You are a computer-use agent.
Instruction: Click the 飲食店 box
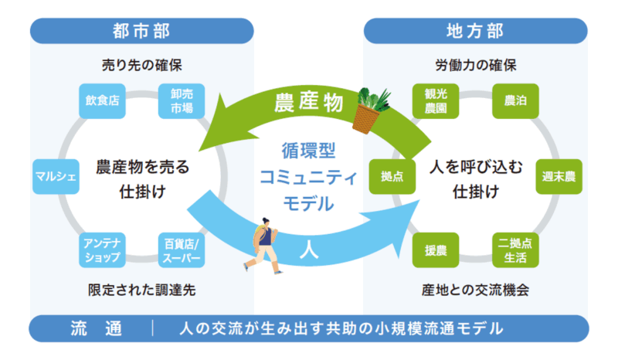click(102, 101)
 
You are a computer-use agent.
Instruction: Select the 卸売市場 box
click(182, 101)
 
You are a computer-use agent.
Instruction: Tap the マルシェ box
click(56, 176)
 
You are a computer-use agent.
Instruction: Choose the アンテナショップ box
click(102, 250)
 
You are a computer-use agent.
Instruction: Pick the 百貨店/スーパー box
click(182, 250)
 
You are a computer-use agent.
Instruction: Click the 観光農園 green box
click(436, 101)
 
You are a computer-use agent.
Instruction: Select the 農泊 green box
click(515, 101)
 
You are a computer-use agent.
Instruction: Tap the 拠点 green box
click(392, 176)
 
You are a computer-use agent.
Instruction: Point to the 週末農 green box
click(559, 176)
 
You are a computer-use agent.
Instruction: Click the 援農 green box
click(436, 250)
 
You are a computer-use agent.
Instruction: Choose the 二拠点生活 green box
click(515, 250)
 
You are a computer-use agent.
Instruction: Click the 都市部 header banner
click(142, 31)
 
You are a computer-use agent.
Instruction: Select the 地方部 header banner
click(476, 31)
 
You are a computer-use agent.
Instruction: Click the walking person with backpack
click(262, 245)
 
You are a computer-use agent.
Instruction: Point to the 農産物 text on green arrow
click(308, 103)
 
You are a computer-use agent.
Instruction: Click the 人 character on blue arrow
click(308, 250)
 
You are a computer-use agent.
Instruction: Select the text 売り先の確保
click(142, 65)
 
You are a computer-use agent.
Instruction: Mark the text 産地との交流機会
click(475, 290)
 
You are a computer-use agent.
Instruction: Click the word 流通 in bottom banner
click(97, 328)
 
